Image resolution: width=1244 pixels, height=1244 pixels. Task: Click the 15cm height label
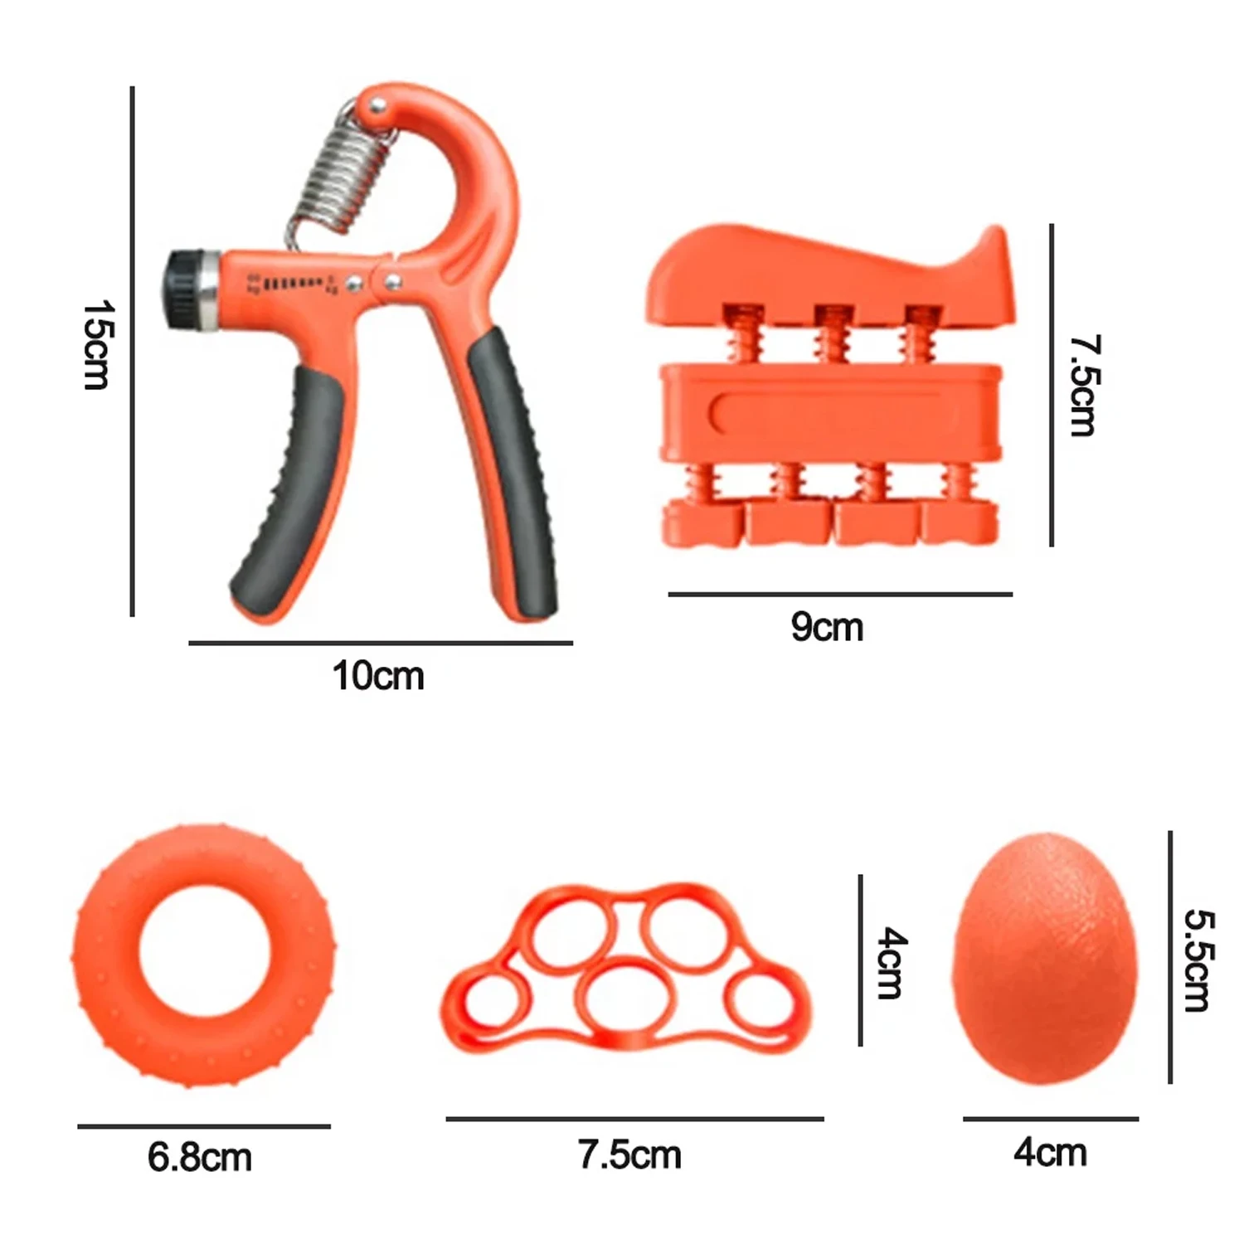[x=97, y=345]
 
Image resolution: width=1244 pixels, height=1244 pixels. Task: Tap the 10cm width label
[x=378, y=676]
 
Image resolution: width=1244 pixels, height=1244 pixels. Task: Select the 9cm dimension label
[x=827, y=627]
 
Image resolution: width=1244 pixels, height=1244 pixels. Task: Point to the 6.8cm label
[x=200, y=1157]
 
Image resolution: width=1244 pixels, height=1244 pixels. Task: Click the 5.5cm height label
[x=1198, y=960]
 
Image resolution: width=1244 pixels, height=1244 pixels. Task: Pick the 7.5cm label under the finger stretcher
[x=629, y=1154]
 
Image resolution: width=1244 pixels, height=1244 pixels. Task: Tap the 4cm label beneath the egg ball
[x=1050, y=1153]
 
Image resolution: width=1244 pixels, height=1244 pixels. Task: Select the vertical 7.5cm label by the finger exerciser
[x=1082, y=386]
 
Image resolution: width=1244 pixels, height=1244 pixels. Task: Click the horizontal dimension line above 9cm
[x=839, y=594]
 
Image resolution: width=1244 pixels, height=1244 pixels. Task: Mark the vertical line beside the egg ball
[x=1170, y=957]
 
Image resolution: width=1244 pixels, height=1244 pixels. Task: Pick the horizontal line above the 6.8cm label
[x=204, y=1126]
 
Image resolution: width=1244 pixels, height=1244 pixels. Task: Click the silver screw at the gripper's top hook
[x=378, y=105]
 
